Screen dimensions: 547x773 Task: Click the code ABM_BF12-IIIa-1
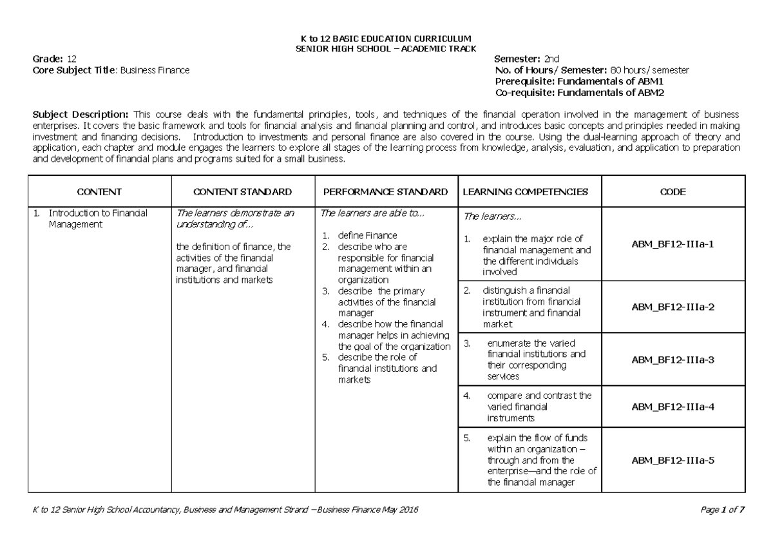(673, 245)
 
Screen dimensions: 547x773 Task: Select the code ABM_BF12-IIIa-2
(673, 307)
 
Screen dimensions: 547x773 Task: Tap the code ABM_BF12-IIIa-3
(673, 360)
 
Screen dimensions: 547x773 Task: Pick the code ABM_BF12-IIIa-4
(673, 407)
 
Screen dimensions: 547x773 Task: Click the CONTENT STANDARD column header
(242, 192)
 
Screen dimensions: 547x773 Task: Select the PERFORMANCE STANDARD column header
(385, 192)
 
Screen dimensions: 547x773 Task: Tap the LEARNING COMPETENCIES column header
(526, 192)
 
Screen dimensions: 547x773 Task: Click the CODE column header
(673, 192)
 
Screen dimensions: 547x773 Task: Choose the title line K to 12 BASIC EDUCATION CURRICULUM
(386, 39)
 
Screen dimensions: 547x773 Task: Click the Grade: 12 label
(55, 59)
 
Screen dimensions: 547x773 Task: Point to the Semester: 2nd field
(527, 59)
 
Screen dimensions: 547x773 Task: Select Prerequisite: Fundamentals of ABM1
(578, 82)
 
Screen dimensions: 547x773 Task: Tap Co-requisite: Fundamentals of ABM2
(578, 93)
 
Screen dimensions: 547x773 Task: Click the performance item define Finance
(367, 235)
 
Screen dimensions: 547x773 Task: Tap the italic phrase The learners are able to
(372, 213)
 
